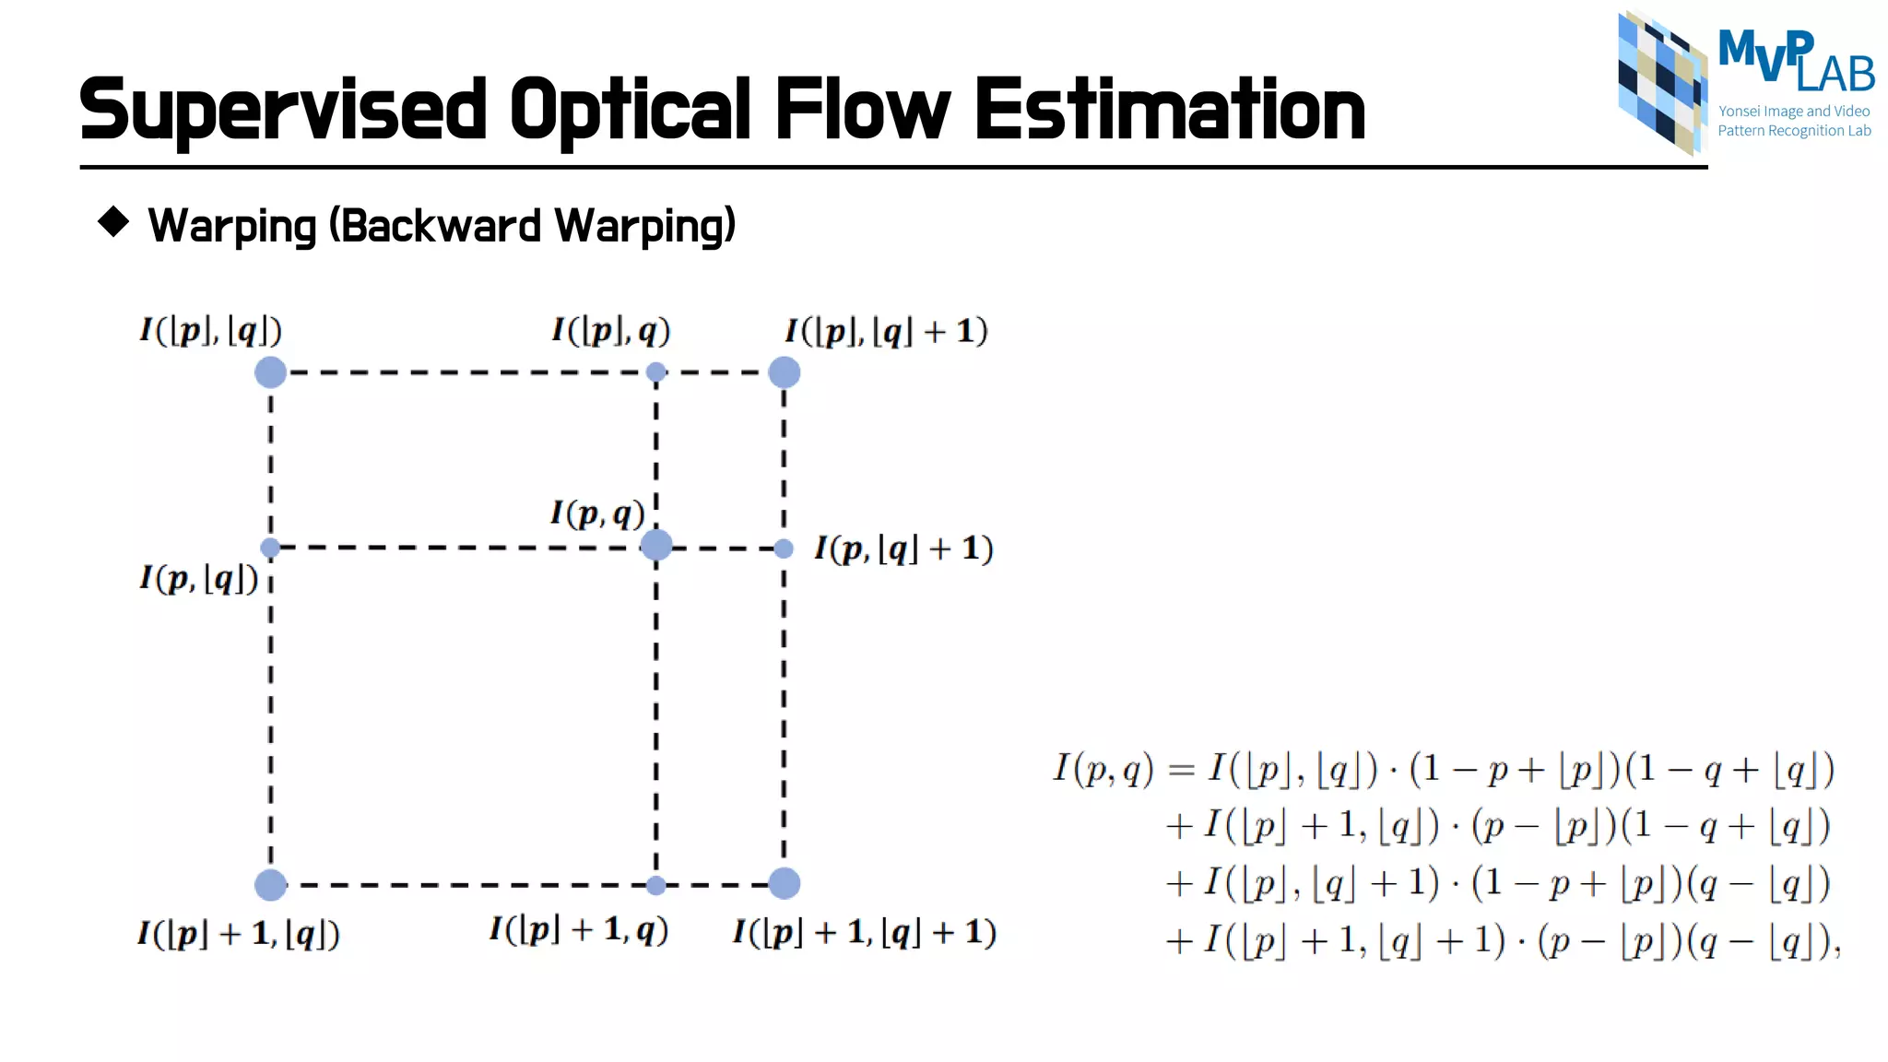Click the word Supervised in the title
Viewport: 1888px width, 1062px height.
[282, 111]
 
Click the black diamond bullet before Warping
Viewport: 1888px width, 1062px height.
[113, 221]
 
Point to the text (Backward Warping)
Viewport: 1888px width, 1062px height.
[532, 226]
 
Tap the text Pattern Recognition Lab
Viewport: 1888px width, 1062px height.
[1793, 131]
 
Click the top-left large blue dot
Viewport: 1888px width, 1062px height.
[270, 372]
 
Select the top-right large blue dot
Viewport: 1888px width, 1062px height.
[784, 372]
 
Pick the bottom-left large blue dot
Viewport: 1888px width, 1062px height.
[270, 884]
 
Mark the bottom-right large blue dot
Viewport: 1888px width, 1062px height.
[784, 883]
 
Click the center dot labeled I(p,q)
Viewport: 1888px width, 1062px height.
[655, 545]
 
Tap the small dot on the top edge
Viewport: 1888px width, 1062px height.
[655, 372]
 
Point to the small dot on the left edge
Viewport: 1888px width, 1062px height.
[270, 549]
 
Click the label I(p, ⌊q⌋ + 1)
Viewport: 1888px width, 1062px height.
[903, 549]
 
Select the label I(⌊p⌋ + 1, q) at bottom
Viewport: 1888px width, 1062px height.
[578, 929]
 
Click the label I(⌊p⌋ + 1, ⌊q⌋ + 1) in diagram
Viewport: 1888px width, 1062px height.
[864, 932]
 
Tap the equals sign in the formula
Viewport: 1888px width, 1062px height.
[1181, 769]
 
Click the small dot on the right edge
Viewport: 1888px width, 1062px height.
[784, 549]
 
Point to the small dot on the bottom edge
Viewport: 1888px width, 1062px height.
[655, 886]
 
